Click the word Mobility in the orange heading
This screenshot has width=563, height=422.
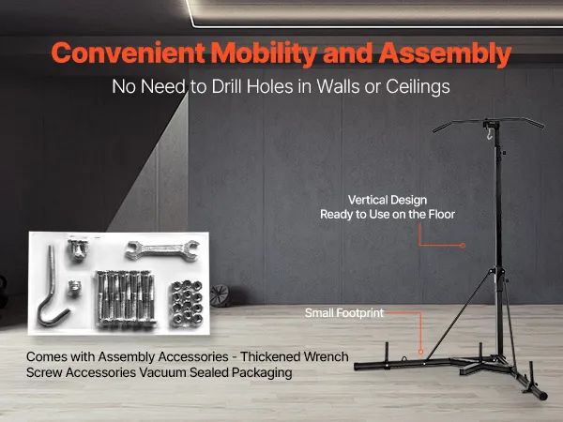pos(264,53)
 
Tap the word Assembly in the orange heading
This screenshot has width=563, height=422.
pos(445,53)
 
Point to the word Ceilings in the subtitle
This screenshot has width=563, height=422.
pos(418,86)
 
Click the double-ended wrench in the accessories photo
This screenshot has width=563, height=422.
pos(162,249)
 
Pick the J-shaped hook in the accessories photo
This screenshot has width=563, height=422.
pos(52,287)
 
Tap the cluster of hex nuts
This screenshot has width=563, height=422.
pos(187,303)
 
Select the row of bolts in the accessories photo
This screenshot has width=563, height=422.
pos(126,299)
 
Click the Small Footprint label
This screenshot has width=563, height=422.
pos(344,313)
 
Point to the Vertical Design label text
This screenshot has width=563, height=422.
pos(388,200)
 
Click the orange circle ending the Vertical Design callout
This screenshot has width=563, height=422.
pos(463,246)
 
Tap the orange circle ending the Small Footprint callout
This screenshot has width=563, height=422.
pos(420,352)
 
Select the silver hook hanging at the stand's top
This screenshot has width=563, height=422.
pos(489,134)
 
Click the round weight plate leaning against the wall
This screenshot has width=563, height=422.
pos(220,295)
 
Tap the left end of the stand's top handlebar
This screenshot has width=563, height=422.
pos(435,130)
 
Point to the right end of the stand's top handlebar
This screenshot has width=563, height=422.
pos(541,126)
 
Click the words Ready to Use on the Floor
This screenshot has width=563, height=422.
pos(388,214)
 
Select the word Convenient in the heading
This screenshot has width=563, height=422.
pos(129,53)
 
